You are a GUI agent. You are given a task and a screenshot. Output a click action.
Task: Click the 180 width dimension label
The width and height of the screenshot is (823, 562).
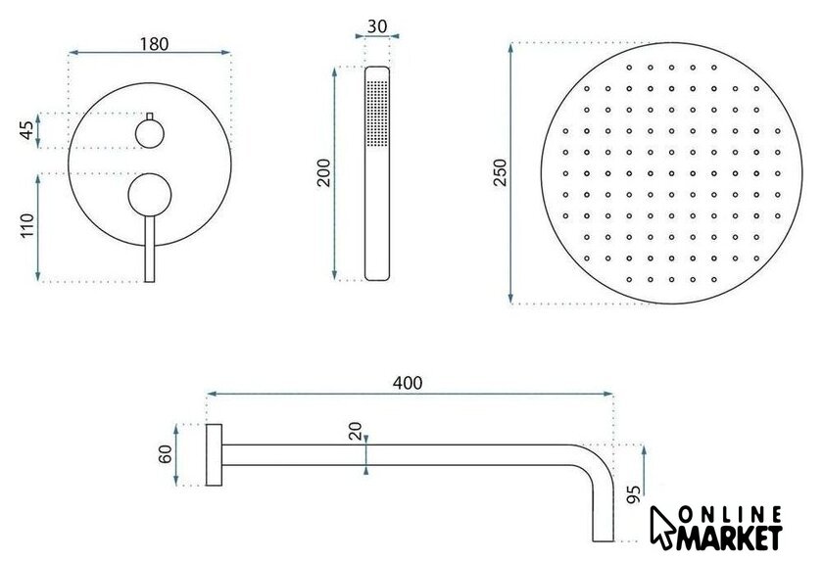[154, 44]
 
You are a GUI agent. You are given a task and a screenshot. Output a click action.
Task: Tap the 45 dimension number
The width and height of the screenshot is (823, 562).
[26, 130]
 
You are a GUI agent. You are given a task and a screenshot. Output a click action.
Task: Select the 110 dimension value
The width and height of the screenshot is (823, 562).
[26, 225]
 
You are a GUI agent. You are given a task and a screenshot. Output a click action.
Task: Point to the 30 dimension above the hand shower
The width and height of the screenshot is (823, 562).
[377, 26]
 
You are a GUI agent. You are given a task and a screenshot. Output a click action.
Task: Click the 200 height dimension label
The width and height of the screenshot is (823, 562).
[324, 172]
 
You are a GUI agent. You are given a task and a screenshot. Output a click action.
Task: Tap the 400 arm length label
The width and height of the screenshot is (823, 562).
[408, 383]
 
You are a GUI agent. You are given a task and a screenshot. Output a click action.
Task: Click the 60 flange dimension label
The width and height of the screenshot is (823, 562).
[166, 454]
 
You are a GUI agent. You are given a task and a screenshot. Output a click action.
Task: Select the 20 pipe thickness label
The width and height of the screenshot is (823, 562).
[356, 431]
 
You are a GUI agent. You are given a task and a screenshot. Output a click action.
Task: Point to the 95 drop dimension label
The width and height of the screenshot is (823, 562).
[634, 493]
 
